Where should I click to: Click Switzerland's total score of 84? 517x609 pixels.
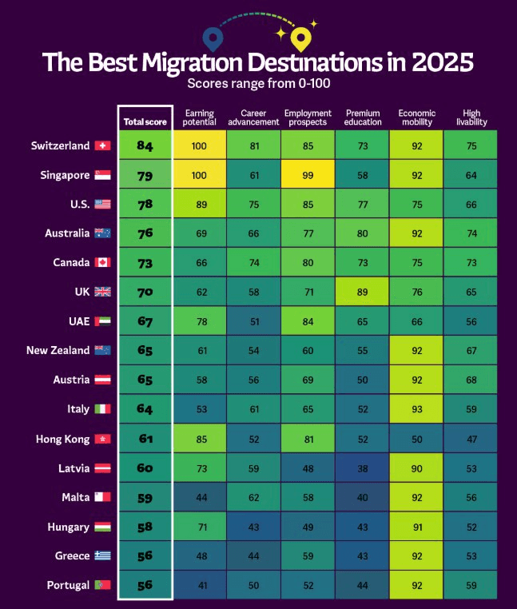point(145,145)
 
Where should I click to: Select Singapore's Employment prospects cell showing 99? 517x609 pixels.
point(308,174)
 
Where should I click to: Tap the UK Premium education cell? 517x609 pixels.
point(362,292)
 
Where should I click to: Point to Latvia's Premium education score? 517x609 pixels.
point(362,468)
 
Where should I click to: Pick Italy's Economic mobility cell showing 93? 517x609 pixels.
point(416,409)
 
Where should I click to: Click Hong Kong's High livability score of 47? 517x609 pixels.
point(471,438)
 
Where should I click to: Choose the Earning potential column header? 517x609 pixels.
point(199,117)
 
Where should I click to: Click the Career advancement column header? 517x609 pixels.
point(253,117)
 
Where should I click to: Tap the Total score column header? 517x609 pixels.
point(145,122)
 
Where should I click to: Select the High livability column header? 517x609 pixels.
point(471,117)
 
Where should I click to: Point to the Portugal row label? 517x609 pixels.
point(68,585)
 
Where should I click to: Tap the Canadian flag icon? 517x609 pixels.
point(102,262)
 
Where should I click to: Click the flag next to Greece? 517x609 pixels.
point(102,555)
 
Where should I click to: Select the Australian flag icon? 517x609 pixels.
point(102,233)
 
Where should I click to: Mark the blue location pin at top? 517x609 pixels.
point(212,37)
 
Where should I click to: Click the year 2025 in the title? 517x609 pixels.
point(439,62)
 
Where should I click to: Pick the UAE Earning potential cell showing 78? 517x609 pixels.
point(199,321)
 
